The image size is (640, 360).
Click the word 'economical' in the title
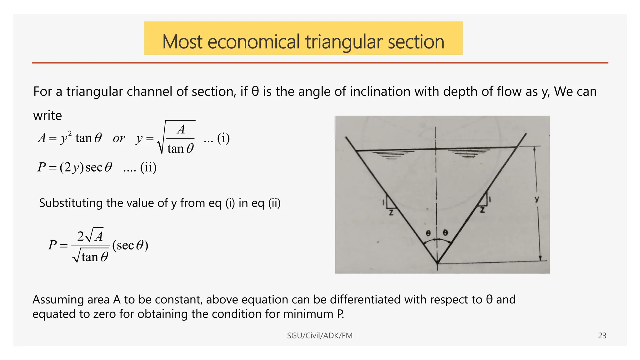pos(253,42)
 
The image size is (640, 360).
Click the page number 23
pos(602,336)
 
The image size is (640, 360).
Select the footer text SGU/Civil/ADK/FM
pos(320,336)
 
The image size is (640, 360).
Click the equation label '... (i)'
pos(217,138)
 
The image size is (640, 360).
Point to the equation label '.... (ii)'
pos(140,168)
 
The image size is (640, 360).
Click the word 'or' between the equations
pos(119,138)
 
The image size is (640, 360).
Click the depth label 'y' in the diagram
pos(537,199)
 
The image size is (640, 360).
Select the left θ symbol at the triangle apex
pos(428,233)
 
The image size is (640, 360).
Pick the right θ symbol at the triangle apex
pos(446,232)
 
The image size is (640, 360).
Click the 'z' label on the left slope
pos(391,213)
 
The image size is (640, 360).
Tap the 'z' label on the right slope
pos(482,210)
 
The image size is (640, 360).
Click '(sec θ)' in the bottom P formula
pos(130,245)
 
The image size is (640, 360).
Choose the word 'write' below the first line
pos(47,116)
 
